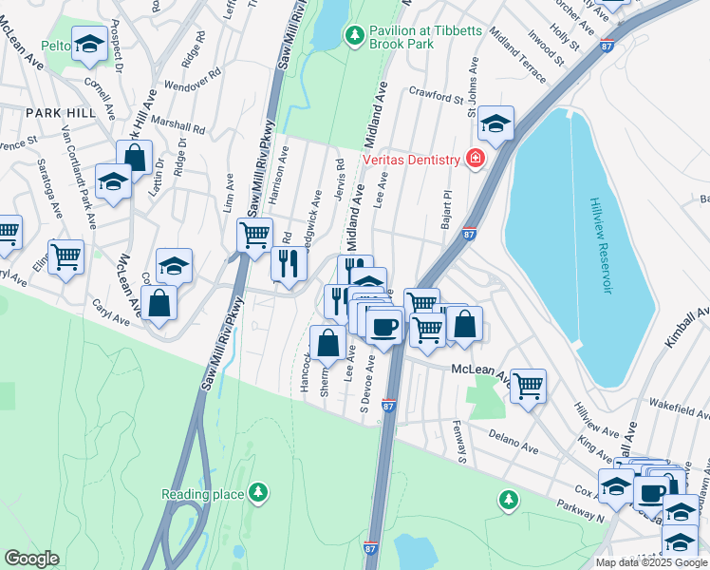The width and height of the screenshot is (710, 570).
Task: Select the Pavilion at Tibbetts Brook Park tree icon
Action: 354,35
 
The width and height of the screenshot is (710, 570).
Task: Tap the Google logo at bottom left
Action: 31,559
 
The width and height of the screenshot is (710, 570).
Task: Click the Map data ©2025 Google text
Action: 651,562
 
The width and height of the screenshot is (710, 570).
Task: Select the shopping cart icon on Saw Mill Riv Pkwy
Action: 253,234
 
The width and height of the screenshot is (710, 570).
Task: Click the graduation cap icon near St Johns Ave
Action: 495,123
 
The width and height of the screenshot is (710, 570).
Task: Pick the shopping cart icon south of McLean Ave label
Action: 528,386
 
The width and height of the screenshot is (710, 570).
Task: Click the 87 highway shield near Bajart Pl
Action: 469,233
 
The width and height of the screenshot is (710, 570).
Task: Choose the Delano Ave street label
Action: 514,440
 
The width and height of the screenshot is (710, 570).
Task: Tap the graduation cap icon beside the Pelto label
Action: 90,44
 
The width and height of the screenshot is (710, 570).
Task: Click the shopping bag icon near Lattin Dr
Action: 134,157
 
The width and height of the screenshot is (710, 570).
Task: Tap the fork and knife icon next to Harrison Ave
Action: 290,262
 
